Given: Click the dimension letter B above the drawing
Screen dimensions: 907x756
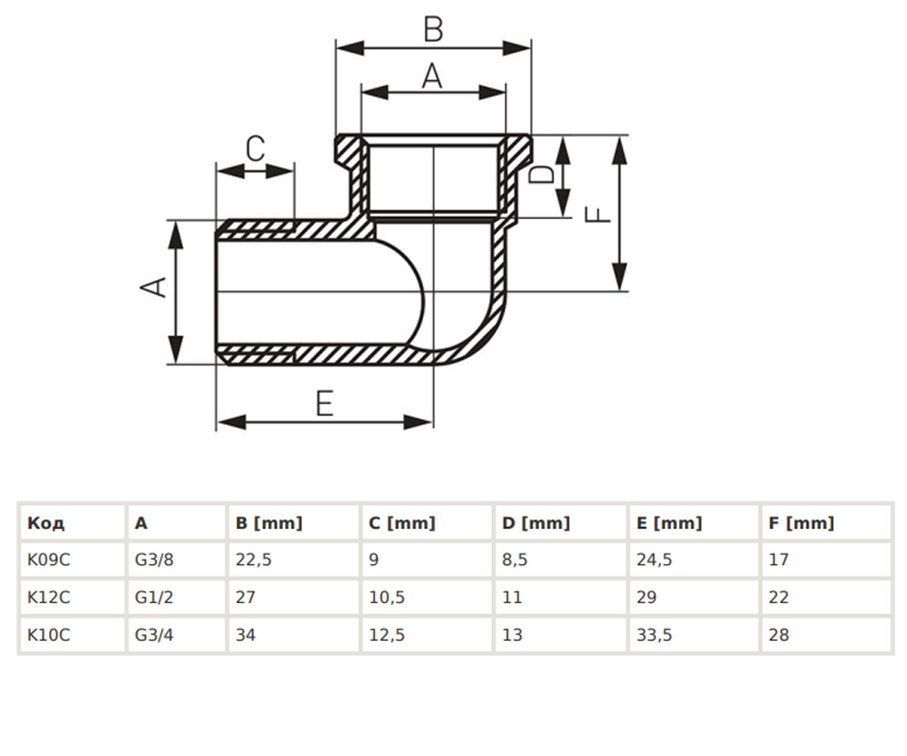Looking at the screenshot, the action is point(433,29).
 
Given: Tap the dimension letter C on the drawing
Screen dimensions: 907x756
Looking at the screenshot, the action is point(255,149).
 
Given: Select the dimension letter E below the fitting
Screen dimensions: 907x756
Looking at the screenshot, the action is point(324,403).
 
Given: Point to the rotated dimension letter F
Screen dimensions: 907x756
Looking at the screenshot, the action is point(598,215).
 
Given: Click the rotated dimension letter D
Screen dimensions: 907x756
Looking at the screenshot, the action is point(542,174).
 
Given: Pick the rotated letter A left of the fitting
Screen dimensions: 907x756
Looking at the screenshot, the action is point(153,287).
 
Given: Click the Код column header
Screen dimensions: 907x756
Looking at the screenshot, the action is point(45,523).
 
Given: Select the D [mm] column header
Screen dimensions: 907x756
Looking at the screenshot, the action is point(536,523).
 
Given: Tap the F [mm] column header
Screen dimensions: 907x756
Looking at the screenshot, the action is point(801,523).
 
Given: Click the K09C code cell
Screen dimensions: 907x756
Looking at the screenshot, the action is point(48,559).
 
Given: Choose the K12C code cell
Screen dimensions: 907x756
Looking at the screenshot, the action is point(48,597).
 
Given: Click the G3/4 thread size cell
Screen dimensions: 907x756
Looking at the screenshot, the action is point(153,635).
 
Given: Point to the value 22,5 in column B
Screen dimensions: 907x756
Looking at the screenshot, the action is point(253,559).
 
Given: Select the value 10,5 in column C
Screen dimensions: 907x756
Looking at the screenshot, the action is point(386,597).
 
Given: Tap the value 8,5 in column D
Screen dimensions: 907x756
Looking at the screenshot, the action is point(515,559).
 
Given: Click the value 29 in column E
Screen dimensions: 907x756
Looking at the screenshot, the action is point(646,597).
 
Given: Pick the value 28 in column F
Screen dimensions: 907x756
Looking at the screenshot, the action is point(778,635).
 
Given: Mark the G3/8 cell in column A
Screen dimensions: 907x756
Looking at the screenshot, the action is point(153,559).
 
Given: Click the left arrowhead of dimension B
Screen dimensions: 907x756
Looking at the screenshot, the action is point(350,48).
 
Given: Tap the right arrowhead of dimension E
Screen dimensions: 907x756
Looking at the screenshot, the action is point(418,422).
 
